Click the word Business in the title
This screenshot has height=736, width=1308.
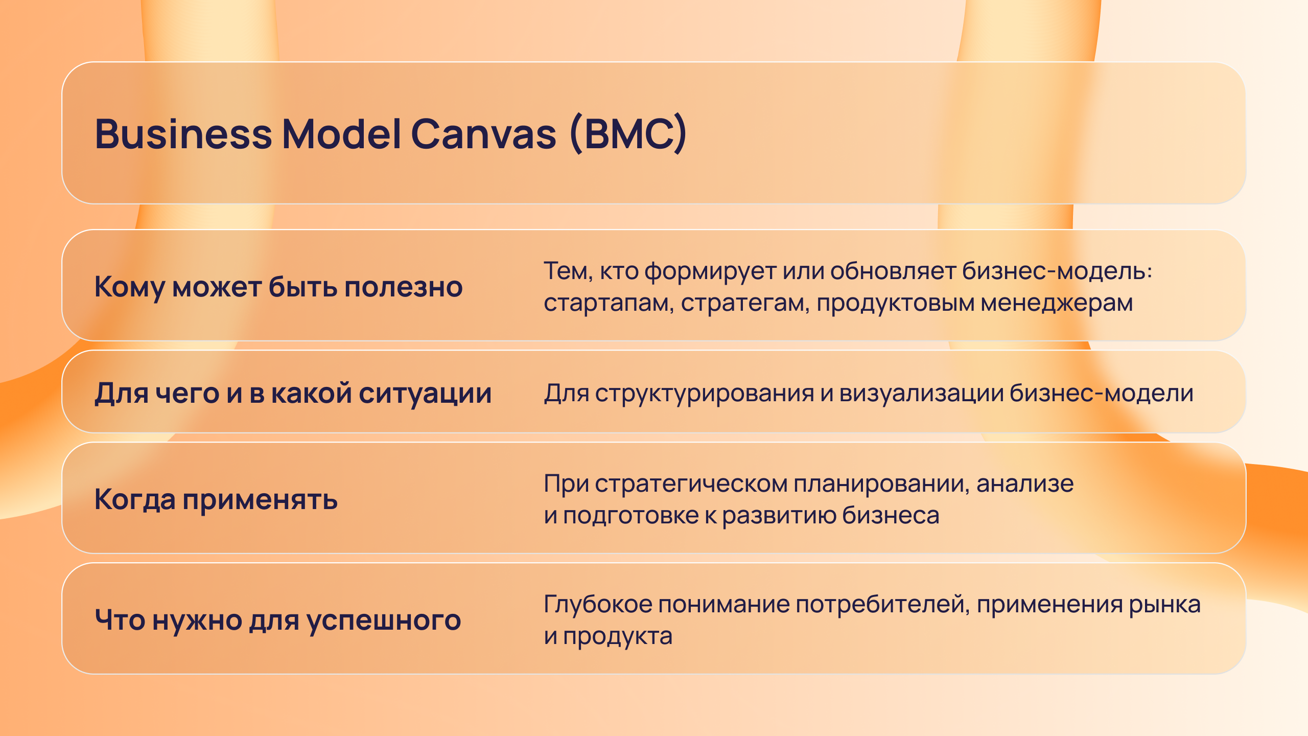pos(183,134)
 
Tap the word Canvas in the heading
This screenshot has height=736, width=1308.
pos(483,134)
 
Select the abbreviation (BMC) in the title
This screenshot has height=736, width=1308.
pos(628,134)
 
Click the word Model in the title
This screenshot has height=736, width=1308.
pos(342,134)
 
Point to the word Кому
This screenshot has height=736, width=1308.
pos(129,287)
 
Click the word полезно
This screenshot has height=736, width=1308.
pos(403,287)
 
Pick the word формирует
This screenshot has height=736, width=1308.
pos(710,272)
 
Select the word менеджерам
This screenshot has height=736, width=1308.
pos(1057,303)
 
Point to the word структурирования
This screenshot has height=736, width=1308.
pos(704,395)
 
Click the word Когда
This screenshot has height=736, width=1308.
pos(135,500)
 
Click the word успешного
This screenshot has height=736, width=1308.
pos(384,622)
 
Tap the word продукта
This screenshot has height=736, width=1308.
pos(617,637)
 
